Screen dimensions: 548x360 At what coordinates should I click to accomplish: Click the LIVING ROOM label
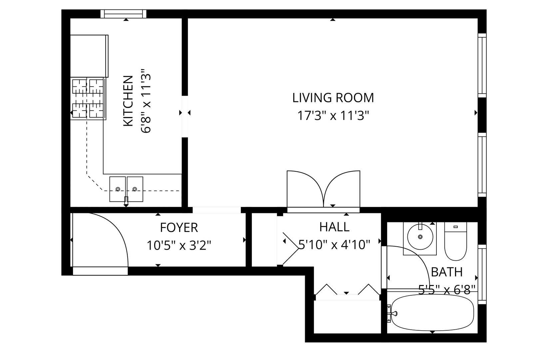(333, 98)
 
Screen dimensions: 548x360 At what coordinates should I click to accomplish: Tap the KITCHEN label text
(128, 101)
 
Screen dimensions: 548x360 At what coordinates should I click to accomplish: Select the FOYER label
(179, 228)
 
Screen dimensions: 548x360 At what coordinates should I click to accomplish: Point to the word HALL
(334, 227)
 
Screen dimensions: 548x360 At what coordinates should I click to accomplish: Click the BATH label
(447, 272)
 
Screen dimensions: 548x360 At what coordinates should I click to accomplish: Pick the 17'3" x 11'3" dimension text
(333, 116)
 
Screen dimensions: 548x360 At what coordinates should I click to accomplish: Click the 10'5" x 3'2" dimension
(179, 245)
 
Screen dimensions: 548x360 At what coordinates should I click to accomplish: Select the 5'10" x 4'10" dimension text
(334, 244)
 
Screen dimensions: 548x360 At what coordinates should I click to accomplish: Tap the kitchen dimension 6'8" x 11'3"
(146, 101)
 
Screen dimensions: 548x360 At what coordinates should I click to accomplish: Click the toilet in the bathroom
(455, 241)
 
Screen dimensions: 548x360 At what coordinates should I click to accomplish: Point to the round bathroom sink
(420, 237)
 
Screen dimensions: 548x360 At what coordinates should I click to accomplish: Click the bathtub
(432, 313)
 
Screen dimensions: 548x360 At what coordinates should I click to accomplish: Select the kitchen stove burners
(88, 99)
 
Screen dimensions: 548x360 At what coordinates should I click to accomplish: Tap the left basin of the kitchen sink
(117, 189)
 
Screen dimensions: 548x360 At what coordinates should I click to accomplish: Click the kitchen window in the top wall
(124, 14)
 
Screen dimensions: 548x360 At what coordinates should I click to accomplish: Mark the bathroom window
(482, 274)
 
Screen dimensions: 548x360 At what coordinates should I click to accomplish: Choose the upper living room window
(482, 65)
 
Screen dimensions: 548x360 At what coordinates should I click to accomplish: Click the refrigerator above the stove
(89, 56)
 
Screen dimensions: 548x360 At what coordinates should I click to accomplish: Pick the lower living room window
(482, 165)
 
